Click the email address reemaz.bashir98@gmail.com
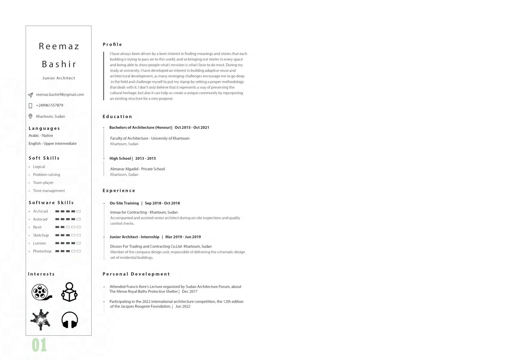pyautogui.click(x=60, y=95)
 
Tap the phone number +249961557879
pyautogui.click(x=50, y=105)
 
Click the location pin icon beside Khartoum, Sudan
pyautogui.click(x=30, y=116)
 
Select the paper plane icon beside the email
pyautogui.click(x=31, y=95)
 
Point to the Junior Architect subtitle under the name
pyautogui.click(x=59, y=78)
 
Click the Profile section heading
pyautogui.click(x=112, y=44)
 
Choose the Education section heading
pyautogui.click(x=117, y=116)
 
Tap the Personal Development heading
pyautogui.click(x=136, y=274)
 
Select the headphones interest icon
pyautogui.click(x=70, y=320)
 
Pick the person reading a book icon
pyautogui.click(x=69, y=292)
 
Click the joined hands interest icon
pyautogui.click(x=41, y=319)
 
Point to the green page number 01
pyautogui.click(x=39, y=345)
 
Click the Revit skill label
pyautogui.click(x=37, y=227)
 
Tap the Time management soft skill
pyautogui.click(x=49, y=191)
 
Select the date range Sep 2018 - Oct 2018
pyautogui.click(x=162, y=203)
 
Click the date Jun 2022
pyautogui.click(x=183, y=306)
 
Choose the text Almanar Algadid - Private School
pyautogui.click(x=138, y=169)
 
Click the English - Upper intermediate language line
pyautogui.click(x=53, y=144)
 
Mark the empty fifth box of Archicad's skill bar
pyautogui.click(x=79, y=211)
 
